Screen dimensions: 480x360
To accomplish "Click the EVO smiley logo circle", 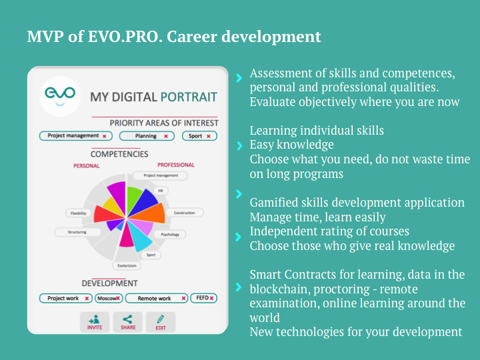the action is tap(60, 96).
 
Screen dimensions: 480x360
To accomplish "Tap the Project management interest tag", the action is tap(75, 136).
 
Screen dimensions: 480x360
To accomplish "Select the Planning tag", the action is tap(147, 136).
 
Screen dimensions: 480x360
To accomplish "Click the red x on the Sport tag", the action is tap(209, 136).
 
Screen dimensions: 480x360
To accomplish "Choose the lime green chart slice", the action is tap(133, 199).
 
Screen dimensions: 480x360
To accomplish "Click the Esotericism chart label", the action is tap(127, 266).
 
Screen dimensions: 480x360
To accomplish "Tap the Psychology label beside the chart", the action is tap(170, 235).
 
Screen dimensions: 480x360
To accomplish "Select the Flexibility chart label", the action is tap(79, 213).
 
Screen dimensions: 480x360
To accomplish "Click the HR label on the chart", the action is tap(161, 191).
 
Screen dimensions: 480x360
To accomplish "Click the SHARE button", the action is tap(127, 322).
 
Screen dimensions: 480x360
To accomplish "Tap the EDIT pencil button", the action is tap(161, 322).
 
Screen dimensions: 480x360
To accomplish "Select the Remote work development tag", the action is tap(157, 298).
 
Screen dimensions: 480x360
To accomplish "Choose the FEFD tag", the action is tap(203, 298).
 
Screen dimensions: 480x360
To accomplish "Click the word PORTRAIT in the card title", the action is tap(189, 97).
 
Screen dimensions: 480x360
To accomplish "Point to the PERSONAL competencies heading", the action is tap(86, 166).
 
